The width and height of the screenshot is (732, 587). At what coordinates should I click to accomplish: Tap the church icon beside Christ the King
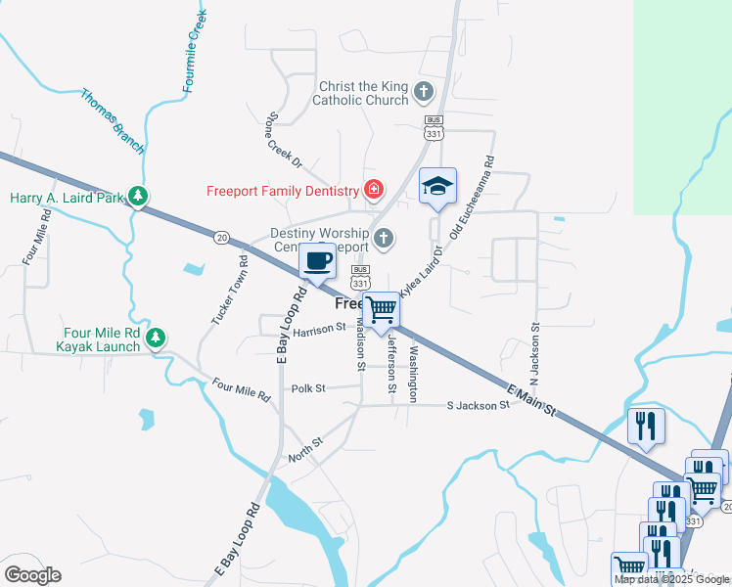pos(424,93)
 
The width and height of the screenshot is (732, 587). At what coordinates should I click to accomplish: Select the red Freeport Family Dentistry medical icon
pos(372,190)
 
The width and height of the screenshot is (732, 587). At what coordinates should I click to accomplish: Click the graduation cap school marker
pos(437,186)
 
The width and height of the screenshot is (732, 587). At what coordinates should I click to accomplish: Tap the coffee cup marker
pos(318,261)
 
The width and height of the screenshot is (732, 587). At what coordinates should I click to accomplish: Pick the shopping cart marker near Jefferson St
pos(381,309)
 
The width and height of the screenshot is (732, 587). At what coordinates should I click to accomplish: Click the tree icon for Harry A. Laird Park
pos(139,197)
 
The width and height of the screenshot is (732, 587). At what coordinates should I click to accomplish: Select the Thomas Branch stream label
pos(112,121)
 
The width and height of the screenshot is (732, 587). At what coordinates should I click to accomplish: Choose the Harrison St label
pos(319,329)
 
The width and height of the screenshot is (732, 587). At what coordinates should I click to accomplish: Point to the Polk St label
pos(306,388)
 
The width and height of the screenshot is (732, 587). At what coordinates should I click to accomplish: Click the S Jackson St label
pos(478,405)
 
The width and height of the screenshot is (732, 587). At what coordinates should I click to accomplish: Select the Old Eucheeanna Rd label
pos(471,200)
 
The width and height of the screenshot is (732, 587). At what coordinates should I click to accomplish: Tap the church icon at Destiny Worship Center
pos(385,237)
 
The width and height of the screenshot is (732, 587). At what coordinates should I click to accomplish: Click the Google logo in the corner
pos(31,575)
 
